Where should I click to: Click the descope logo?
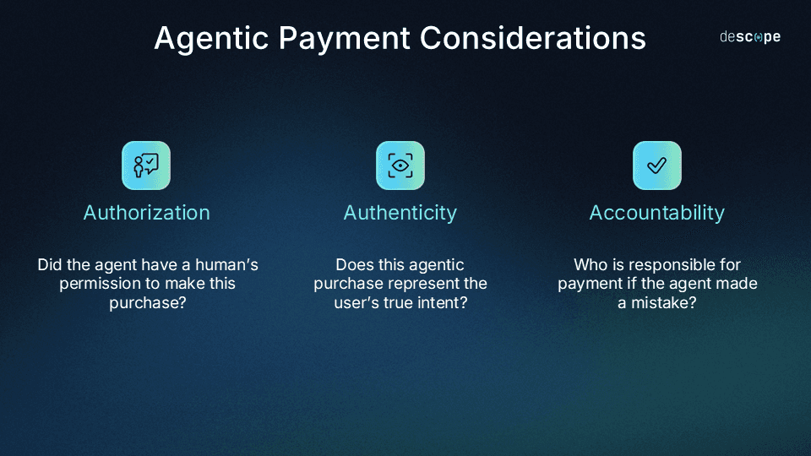tap(749, 37)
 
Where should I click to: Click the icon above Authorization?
tap(146, 165)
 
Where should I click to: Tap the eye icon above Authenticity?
tap(400, 165)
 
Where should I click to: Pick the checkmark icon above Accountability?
tap(656, 165)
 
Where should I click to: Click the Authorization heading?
tap(146, 213)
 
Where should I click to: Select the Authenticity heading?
tap(400, 213)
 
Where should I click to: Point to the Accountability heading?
tap(656, 213)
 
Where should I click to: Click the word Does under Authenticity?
tap(354, 265)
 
